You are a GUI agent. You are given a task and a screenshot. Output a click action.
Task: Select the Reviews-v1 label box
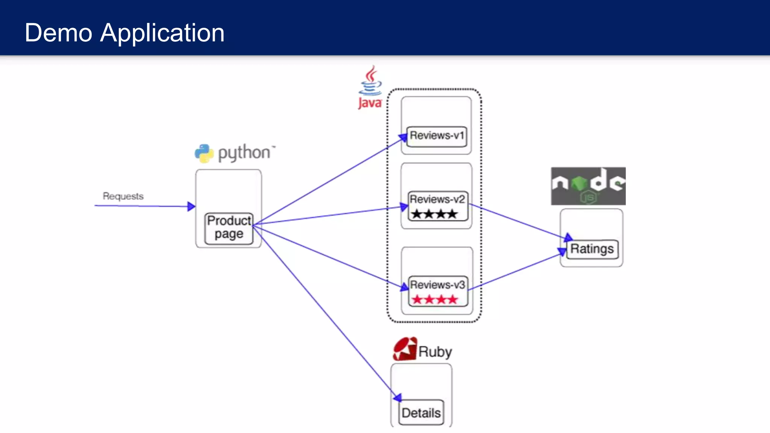coord(437,136)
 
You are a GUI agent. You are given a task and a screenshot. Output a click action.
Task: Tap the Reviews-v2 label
coord(437,199)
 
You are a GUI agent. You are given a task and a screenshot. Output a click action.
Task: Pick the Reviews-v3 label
coord(437,285)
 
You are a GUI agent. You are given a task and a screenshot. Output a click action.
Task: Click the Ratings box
coord(592,249)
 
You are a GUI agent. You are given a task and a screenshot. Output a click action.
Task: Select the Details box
coord(421,413)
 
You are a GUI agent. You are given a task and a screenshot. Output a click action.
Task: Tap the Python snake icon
coord(204,153)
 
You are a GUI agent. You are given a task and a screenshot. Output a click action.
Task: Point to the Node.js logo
coord(588,186)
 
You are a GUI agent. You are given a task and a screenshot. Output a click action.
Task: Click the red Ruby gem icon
coord(405,349)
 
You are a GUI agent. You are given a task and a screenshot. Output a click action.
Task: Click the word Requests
coord(123,196)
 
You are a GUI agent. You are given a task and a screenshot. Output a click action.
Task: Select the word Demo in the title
coord(58,33)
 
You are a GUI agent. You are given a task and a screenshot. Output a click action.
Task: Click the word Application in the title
coord(162,33)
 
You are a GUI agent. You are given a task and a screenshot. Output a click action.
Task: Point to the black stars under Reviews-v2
coord(434,214)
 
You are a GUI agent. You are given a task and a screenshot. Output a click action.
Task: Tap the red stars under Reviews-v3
coord(434,300)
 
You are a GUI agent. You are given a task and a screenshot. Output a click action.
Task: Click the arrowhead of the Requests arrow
coord(191,206)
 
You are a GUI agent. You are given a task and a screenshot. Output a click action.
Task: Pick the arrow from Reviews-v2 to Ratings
coord(519,222)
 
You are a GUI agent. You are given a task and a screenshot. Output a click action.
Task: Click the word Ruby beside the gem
coord(435,352)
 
